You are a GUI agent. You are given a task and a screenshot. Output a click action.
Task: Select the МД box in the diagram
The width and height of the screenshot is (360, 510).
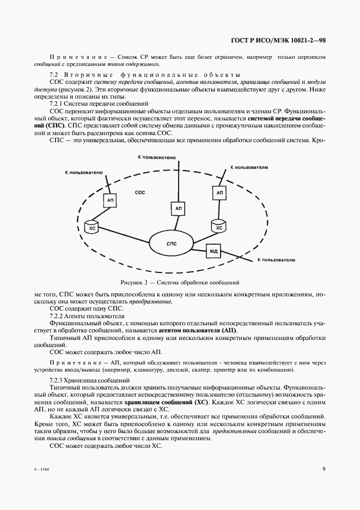[213, 251]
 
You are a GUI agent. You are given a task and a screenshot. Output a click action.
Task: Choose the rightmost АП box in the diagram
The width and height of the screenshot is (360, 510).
[219, 193]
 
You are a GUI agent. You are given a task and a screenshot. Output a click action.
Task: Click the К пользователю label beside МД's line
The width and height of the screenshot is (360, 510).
[276, 261]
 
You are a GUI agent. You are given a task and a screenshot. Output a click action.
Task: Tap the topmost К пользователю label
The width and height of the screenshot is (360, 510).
[156, 157]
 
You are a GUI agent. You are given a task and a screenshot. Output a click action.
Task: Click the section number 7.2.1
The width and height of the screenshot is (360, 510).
[57, 102]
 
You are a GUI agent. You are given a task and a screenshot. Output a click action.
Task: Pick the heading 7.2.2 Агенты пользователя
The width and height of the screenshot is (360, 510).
[86, 315]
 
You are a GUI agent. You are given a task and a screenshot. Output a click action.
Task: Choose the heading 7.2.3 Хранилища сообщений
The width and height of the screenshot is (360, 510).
[89, 380]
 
